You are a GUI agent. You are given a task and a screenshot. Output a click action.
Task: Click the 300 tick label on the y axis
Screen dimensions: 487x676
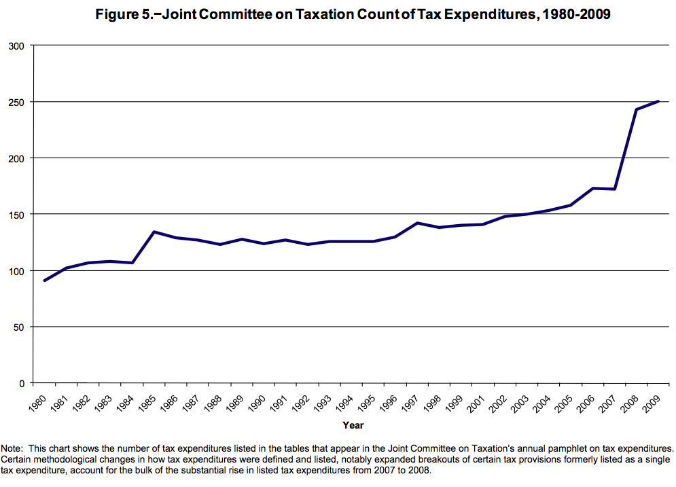pyautogui.click(x=16, y=46)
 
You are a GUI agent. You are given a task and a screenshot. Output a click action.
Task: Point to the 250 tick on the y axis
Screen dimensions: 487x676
pyautogui.click(x=16, y=102)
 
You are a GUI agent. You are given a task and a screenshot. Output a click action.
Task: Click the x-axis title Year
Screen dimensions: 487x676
pyautogui.click(x=353, y=425)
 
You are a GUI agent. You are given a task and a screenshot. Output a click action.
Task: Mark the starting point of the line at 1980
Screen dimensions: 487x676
pyautogui.click(x=44, y=281)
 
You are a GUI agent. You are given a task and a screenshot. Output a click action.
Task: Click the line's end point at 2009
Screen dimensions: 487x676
pyautogui.click(x=658, y=101)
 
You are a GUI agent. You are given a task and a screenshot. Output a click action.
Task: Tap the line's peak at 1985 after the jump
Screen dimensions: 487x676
pyautogui.click(x=154, y=232)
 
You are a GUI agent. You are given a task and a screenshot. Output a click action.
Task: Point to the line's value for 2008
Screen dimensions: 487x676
pyautogui.click(x=636, y=109)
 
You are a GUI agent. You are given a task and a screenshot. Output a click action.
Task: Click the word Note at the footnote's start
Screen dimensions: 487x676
pyautogui.click(x=12, y=448)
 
